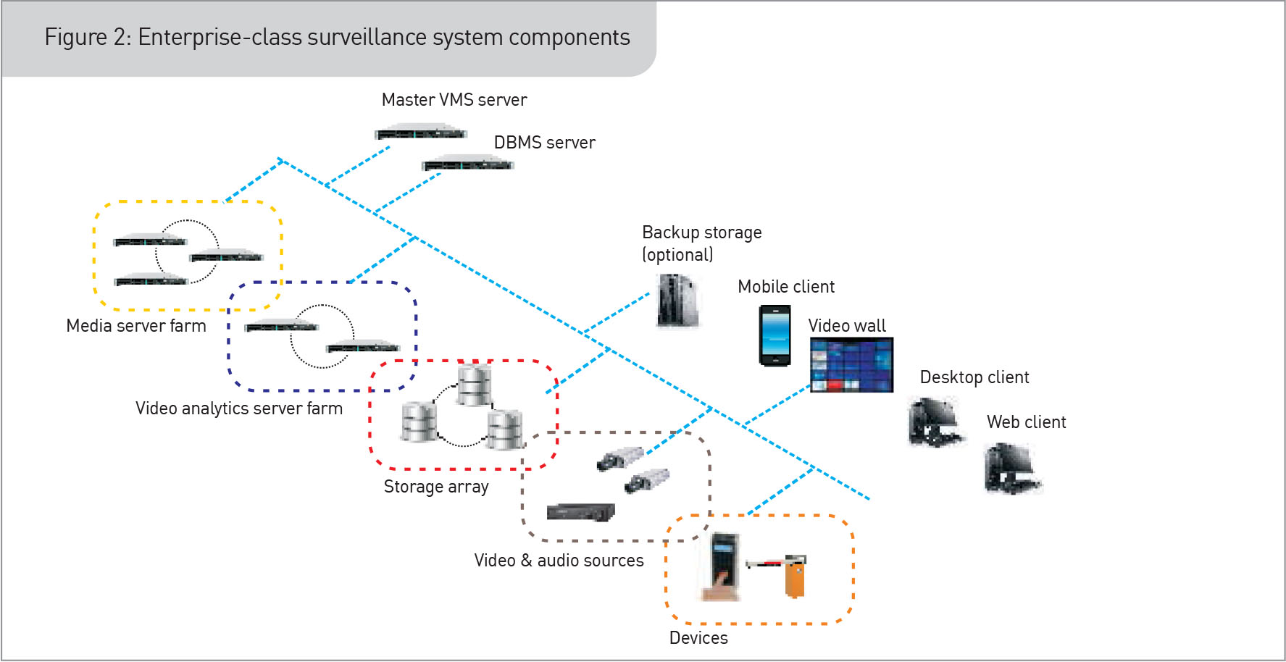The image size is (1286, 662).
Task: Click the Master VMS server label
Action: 454,100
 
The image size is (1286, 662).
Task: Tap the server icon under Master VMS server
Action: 421,133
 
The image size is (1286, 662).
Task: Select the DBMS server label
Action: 544,143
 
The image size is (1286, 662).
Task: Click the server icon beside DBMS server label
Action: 467,164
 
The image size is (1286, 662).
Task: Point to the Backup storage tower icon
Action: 677,301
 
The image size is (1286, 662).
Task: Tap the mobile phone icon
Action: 774,335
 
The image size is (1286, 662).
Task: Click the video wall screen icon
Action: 851,365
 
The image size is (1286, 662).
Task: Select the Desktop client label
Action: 974,377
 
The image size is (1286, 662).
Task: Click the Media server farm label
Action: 136,326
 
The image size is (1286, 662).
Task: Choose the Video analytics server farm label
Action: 239,408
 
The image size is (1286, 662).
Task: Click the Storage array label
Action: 436,487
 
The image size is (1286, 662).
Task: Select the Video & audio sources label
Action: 559,561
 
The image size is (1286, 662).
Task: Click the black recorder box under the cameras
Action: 580,512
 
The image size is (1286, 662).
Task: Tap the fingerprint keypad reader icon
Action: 724,566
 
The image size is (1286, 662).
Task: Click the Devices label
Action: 698,638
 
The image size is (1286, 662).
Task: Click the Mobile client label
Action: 786,287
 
